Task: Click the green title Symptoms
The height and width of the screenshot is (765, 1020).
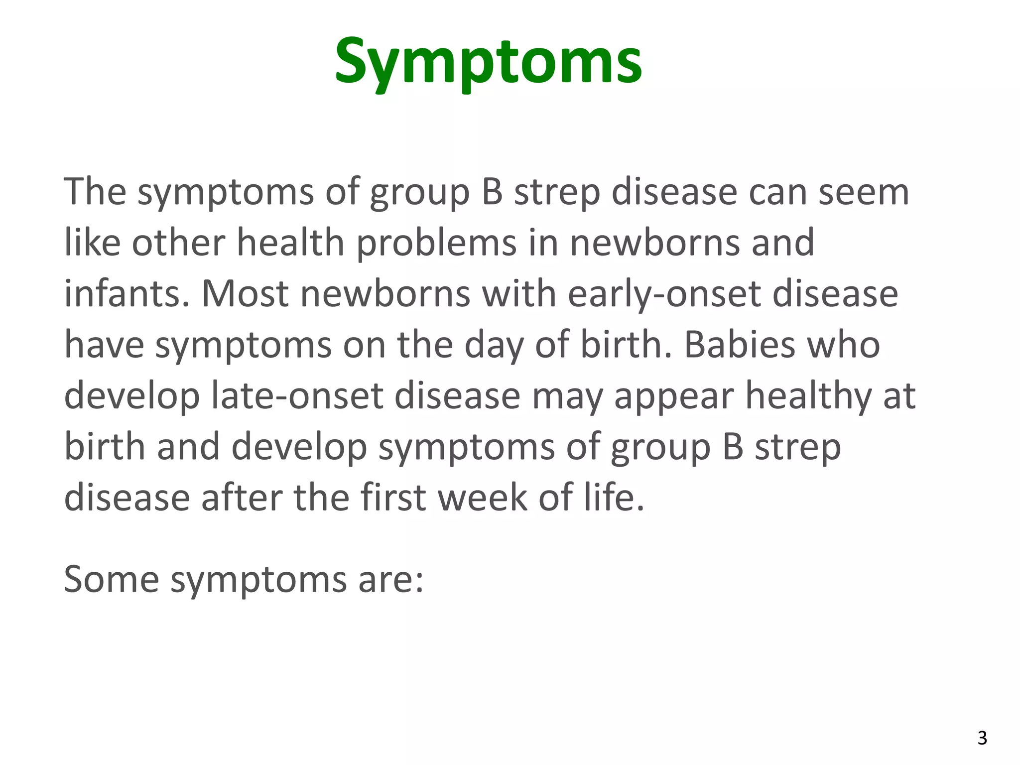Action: tap(488, 62)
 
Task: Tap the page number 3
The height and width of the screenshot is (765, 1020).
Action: tap(982, 738)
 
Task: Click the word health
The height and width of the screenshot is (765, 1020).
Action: tap(290, 243)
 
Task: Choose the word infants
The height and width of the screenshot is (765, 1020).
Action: tap(127, 293)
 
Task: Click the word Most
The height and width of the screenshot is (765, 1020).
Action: tap(245, 293)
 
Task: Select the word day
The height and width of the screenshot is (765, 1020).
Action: tap(494, 346)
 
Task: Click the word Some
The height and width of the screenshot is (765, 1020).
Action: tap(111, 579)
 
